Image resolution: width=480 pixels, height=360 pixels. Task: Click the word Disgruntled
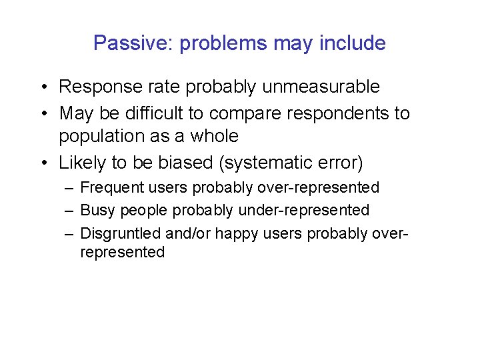(116, 233)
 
